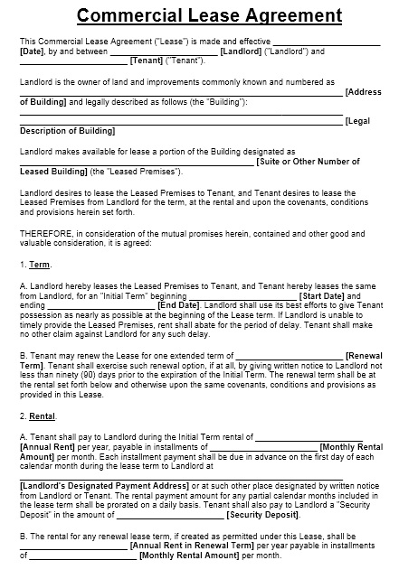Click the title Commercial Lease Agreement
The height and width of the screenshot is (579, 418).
point(209,15)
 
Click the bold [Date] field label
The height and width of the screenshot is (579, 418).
point(32,51)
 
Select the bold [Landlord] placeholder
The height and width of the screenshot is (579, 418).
point(241,51)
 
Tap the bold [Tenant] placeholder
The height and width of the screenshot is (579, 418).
point(147,61)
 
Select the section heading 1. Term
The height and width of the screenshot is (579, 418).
point(35,265)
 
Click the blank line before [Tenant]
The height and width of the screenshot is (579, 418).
point(73,61)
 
